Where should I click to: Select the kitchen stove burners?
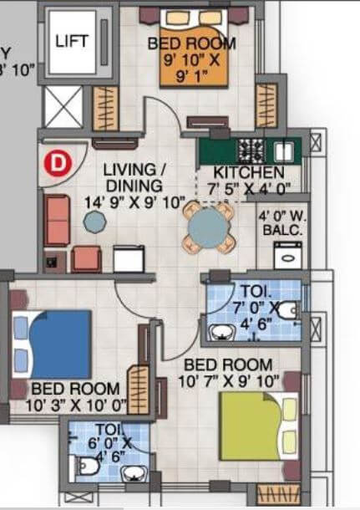(x=251, y=150)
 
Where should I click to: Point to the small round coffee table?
(x=95, y=221)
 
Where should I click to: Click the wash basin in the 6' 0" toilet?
(x=131, y=475)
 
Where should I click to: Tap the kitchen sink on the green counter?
(x=283, y=150)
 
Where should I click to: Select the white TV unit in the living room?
(x=129, y=258)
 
